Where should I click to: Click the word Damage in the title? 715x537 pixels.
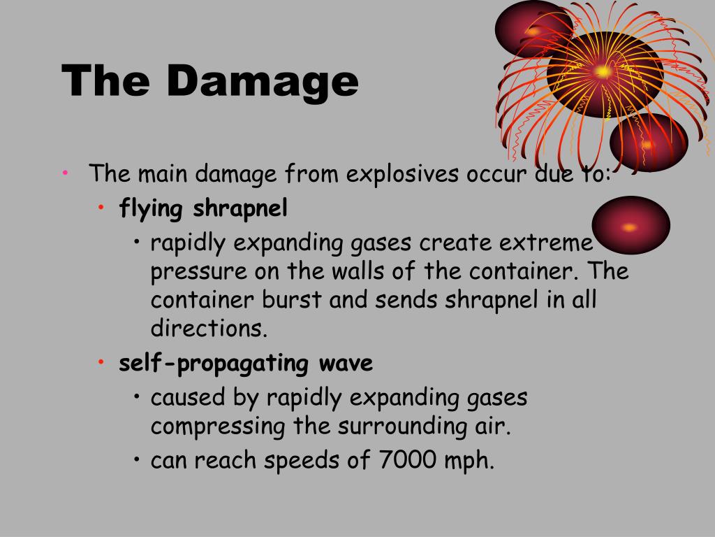tap(262, 83)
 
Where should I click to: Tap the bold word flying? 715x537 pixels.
tap(152, 208)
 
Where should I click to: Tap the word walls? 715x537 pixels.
tap(351, 271)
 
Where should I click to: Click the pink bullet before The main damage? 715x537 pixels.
tap(64, 173)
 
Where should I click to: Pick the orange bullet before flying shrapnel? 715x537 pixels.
tap(101, 208)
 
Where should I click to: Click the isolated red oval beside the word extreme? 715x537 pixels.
tap(631, 226)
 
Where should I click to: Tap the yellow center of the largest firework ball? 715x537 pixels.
tap(602, 71)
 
